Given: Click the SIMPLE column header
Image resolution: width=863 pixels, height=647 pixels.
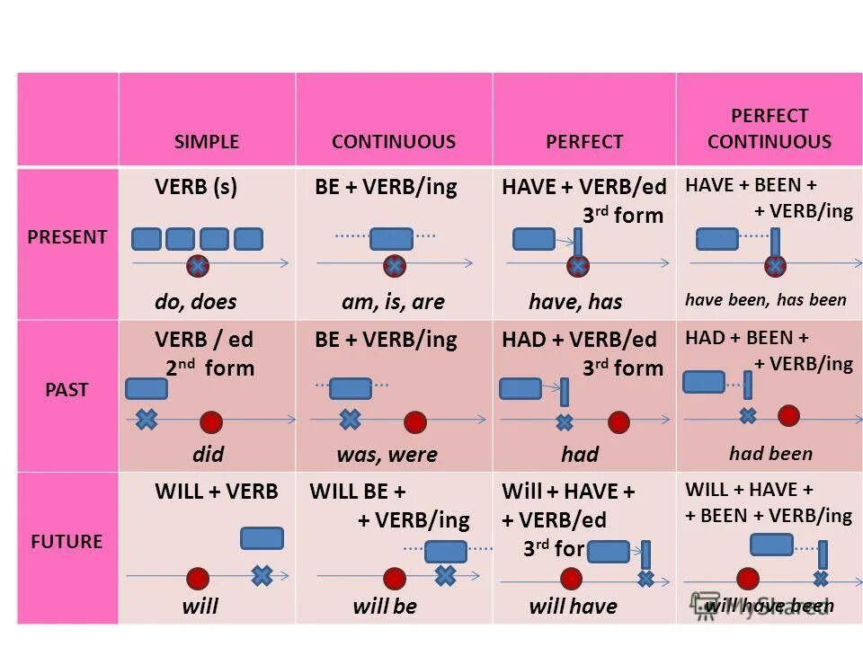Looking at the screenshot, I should (207, 142).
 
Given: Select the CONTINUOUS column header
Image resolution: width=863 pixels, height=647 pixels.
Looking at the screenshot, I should (393, 142).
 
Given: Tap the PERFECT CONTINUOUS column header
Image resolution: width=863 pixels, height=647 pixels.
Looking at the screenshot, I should (769, 129).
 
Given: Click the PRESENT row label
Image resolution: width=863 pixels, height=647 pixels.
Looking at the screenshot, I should (67, 237).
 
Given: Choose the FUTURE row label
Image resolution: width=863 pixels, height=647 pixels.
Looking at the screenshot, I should (67, 542).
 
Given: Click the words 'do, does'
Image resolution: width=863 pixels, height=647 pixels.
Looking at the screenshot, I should (195, 302).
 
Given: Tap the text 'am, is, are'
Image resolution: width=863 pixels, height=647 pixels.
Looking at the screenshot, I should (393, 302).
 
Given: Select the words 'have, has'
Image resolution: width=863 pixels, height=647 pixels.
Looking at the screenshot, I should (575, 302).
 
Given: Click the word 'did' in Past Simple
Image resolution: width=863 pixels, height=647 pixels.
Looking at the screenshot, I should (208, 454).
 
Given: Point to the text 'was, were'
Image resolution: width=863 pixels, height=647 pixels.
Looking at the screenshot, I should (387, 455).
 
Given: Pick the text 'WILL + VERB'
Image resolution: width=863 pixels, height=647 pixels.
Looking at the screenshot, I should (217, 492).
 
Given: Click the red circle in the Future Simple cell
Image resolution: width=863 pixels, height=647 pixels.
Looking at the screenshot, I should (198, 578).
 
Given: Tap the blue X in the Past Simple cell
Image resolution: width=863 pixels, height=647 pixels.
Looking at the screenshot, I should (146, 419).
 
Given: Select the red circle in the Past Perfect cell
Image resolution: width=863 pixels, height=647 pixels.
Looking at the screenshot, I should (618, 421).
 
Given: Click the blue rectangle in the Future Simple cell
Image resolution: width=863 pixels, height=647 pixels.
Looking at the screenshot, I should (262, 538).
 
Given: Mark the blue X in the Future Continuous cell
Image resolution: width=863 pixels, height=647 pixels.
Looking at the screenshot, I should (445, 575).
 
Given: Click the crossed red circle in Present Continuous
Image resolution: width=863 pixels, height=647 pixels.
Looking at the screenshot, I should (393, 266).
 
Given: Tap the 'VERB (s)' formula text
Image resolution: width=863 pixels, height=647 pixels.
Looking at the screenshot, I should (196, 188).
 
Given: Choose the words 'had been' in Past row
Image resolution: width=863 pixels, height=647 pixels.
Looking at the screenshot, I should (770, 454).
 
